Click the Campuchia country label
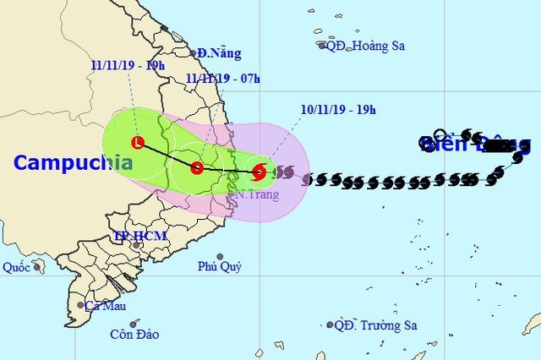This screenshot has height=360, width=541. (73, 162)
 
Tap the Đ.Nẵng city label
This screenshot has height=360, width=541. (219, 53)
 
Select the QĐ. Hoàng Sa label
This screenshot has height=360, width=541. (365, 46)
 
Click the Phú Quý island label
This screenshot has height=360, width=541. (220, 267)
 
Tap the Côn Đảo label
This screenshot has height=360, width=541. (134, 334)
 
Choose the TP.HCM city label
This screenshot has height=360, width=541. (140, 237)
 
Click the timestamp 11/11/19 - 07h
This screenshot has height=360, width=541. (223, 79)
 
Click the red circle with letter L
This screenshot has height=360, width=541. (139, 142)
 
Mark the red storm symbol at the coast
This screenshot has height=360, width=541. (260, 172)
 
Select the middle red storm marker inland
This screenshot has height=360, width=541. (197, 167)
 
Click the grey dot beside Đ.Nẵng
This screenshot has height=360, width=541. (193, 53)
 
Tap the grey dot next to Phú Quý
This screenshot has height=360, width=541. (220, 256)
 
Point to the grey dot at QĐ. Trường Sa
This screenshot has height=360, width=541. (330, 325)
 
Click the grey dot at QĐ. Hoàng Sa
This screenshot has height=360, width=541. (322, 46)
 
